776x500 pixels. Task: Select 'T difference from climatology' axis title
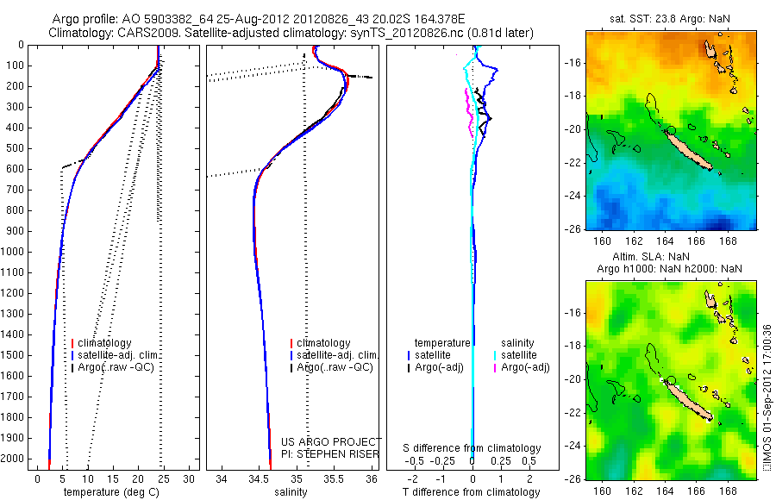472,492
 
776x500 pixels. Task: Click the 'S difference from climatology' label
472,448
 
